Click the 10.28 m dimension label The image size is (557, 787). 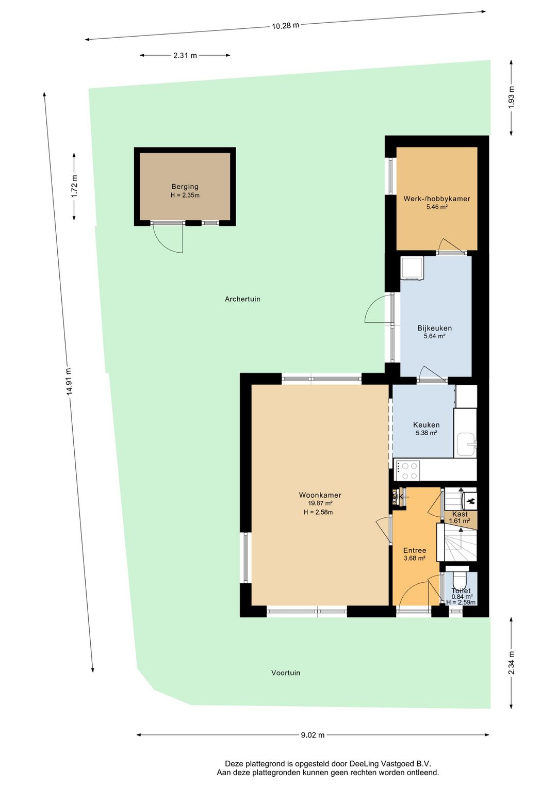(x=285, y=25)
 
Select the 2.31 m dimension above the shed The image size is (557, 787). (x=185, y=56)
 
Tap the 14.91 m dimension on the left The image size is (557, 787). (x=69, y=382)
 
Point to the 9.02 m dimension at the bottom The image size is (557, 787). (x=313, y=735)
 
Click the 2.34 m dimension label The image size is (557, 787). (x=511, y=663)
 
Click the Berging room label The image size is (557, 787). (x=185, y=187)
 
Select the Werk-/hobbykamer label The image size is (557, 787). (x=436, y=199)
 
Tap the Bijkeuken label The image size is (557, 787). (x=434, y=328)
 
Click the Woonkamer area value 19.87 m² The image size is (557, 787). (x=320, y=503)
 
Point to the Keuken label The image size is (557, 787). (x=426, y=425)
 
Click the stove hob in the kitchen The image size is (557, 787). (x=408, y=470)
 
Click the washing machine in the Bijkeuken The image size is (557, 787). (x=412, y=268)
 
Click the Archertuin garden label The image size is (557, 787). (x=242, y=299)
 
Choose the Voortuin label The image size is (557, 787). (x=286, y=673)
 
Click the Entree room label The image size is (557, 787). (x=415, y=550)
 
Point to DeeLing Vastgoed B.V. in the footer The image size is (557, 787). (x=390, y=764)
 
